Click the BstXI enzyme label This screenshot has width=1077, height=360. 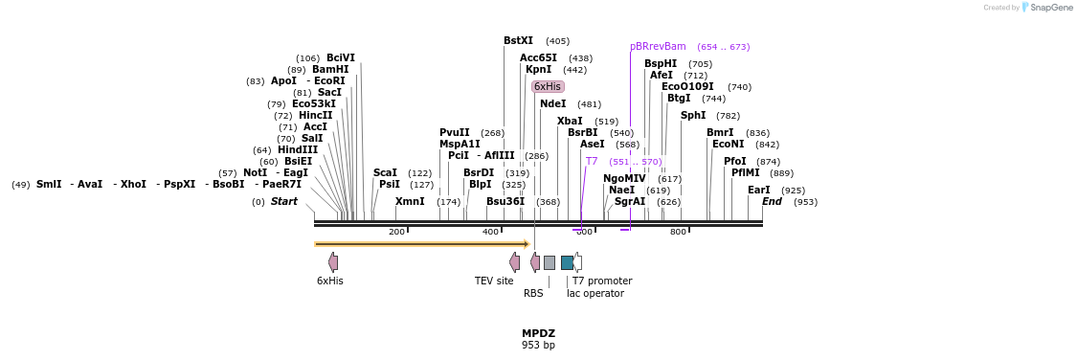coord(518,41)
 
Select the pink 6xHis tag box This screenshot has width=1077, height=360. coord(548,86)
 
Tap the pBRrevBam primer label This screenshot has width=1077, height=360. coord(658,46)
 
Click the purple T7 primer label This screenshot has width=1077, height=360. coord(592,161)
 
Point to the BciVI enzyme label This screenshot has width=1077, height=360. coord(341,57)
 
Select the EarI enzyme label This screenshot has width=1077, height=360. coord(758,190)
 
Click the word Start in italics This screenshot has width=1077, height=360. coord(284,201)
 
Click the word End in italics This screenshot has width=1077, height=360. coord(772,201)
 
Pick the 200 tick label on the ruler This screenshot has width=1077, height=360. coord(396,232)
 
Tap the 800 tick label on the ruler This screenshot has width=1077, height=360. coord(678,232)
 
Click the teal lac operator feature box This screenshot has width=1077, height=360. coord(567,262)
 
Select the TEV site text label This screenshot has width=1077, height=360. coord(494,281)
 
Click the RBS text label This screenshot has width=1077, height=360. coord(533,293)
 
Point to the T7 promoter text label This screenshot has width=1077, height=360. coord(602,281)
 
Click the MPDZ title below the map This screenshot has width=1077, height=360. coord(538,333)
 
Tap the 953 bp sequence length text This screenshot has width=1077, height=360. coord(538,345)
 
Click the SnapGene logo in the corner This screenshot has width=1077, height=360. coord(1046,8)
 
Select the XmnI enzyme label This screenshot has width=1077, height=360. coord(410,201)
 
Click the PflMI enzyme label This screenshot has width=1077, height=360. coord(746,172)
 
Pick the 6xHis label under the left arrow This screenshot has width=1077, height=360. coord(330,281)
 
